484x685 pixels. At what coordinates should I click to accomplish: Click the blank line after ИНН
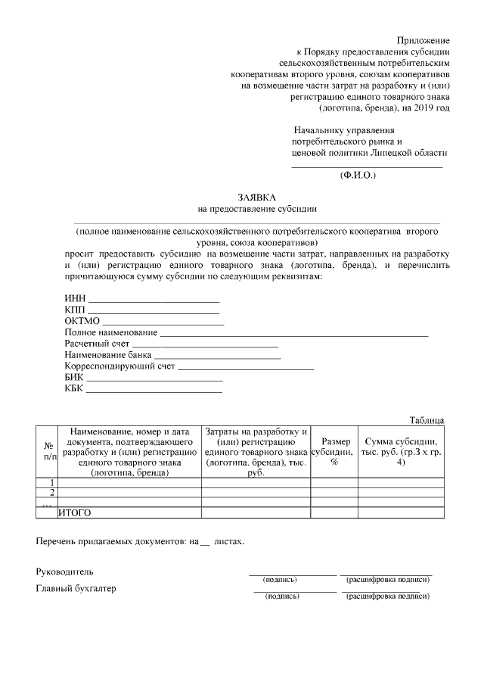coord(154,300)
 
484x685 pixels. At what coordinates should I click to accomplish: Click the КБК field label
coord(75,389)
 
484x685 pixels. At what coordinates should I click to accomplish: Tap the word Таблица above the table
coord(427,420)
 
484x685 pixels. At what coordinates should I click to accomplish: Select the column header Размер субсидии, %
coord(334,451)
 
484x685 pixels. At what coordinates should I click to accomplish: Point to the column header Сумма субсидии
coord(401,447)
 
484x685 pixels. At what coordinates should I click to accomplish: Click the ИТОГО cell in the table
coord(75,512)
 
